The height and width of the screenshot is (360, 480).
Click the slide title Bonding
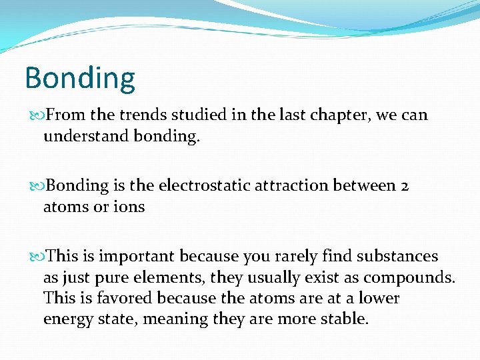point(79,79)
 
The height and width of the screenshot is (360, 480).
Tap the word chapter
point(337,115)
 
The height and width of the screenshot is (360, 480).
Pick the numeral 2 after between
point(405,185)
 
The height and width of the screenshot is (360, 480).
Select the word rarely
point(293,256)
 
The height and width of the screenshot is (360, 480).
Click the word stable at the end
point(345,319)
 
